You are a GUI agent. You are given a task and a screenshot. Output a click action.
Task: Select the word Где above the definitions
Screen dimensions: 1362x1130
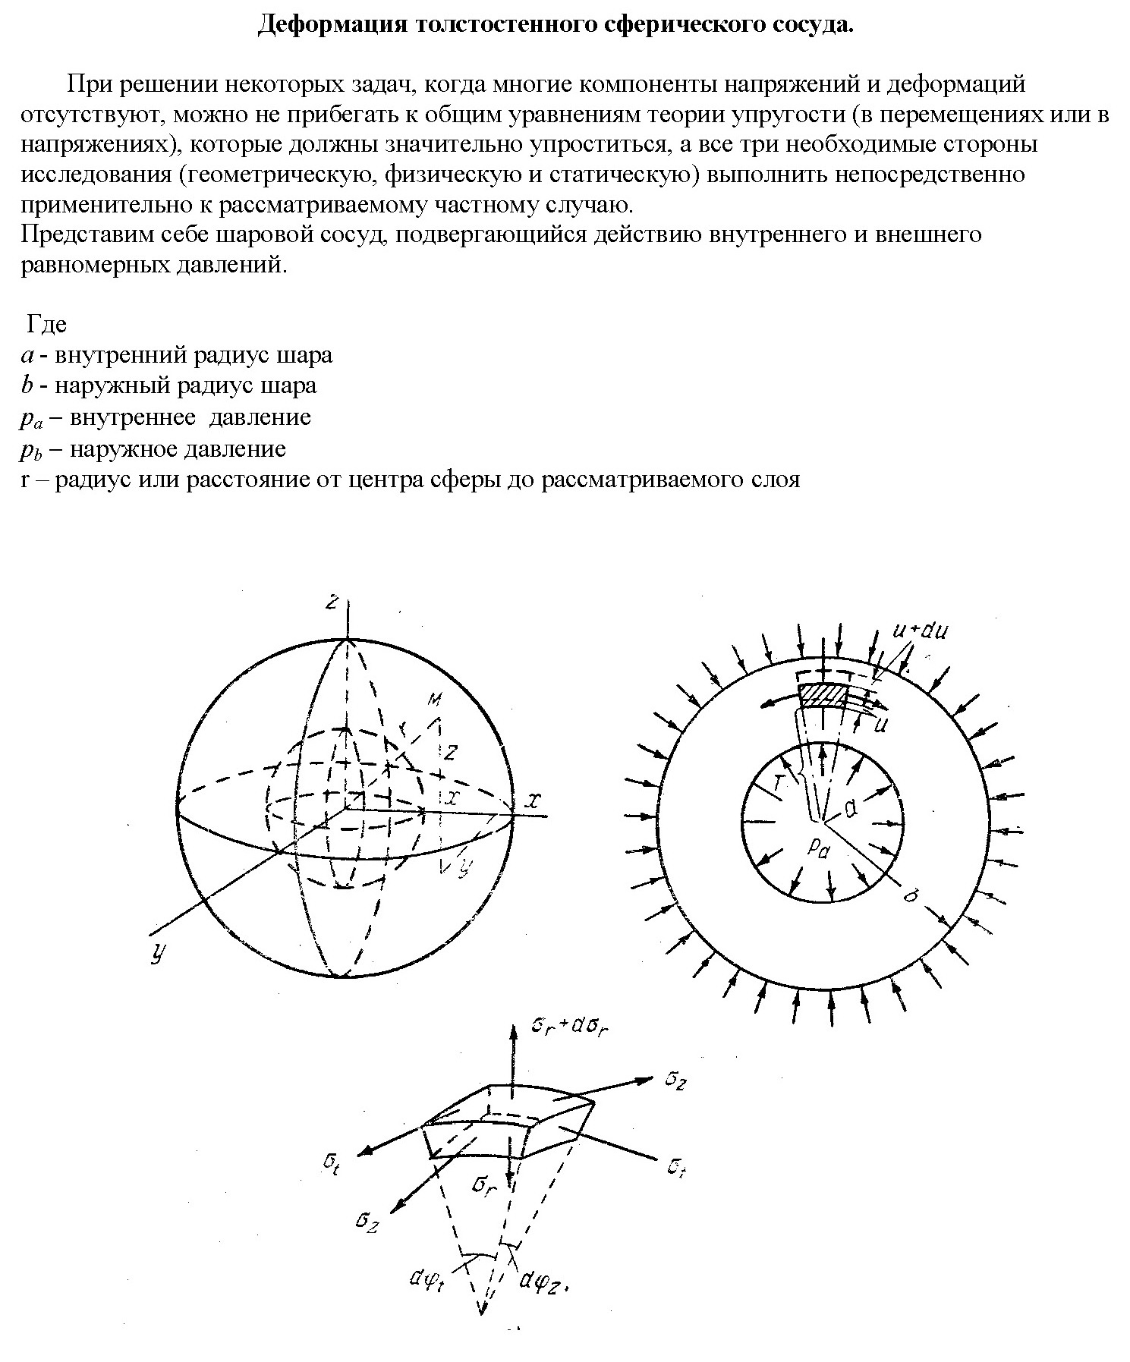click(47, 324)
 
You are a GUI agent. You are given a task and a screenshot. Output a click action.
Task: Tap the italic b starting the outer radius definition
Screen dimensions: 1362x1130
click(26, 385)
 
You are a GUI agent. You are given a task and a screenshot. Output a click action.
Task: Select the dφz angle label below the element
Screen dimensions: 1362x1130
click(541, 1281)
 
